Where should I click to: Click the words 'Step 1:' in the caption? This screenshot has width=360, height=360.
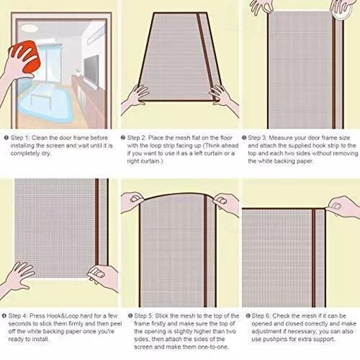click(x=20, y=138)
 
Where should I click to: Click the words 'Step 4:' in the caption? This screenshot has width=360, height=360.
click(x=20, y=316)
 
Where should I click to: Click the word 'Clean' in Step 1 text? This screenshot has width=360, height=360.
click(x=40, y=138)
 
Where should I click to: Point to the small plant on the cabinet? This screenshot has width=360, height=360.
click(x=77, y=72)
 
